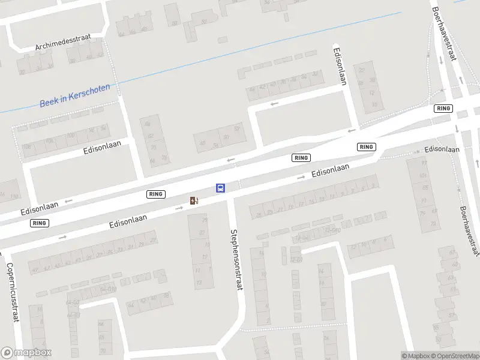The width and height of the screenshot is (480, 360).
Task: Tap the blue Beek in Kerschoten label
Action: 74,95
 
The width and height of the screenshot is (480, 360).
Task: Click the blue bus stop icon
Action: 221,188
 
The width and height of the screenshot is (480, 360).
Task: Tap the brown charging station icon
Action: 194,200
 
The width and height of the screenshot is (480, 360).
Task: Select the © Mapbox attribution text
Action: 415,356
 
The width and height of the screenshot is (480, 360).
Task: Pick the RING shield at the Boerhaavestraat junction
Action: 443,108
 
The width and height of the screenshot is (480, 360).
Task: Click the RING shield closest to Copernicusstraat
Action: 40,223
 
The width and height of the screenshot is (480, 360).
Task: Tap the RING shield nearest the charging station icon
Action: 155,194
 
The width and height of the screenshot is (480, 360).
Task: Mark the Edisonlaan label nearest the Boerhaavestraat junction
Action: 442,149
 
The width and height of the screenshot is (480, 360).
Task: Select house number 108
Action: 26,147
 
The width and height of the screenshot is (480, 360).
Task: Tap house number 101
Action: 424,176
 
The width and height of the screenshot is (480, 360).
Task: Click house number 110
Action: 14,197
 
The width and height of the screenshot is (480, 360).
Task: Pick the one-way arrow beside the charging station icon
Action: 179,208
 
